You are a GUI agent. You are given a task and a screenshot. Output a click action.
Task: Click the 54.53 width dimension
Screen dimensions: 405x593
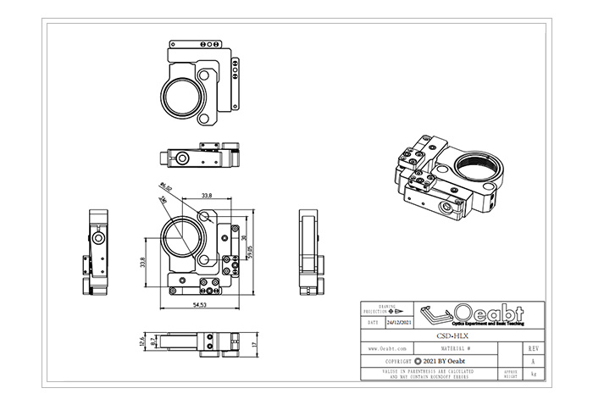[x=200, y=303]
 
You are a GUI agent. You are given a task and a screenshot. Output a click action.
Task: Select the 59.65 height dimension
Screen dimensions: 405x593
[x=251, y=247]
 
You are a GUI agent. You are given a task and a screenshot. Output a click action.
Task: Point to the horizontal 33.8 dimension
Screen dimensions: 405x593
[x=206, y=197]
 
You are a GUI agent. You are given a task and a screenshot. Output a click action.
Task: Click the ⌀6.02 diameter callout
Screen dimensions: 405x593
[x=165, y=187]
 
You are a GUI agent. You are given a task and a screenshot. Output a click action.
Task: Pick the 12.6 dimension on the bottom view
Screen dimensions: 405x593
[x=141, y=341]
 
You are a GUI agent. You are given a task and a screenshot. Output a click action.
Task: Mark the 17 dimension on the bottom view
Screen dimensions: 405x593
[x=253, y=345]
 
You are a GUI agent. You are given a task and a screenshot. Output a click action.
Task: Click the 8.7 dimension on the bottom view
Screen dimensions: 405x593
[x=152, y=341]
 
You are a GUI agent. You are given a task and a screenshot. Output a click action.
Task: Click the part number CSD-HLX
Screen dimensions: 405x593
[x=452, y=336]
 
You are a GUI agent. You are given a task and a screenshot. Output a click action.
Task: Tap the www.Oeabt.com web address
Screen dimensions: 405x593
[x=385, y=348]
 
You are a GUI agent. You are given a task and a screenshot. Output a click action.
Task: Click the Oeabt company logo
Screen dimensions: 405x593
[x=474, y=313]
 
